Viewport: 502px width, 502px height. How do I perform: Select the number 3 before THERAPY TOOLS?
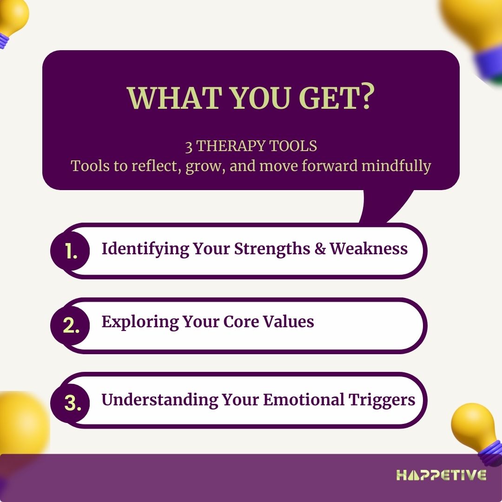point(189,146)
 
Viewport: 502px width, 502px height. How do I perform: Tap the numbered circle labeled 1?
point(71,251)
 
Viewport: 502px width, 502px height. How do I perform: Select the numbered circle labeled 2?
point(71,326)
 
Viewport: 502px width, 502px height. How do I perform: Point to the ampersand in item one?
point(320,249)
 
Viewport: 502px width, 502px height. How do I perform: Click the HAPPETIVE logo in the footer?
point(441,475)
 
